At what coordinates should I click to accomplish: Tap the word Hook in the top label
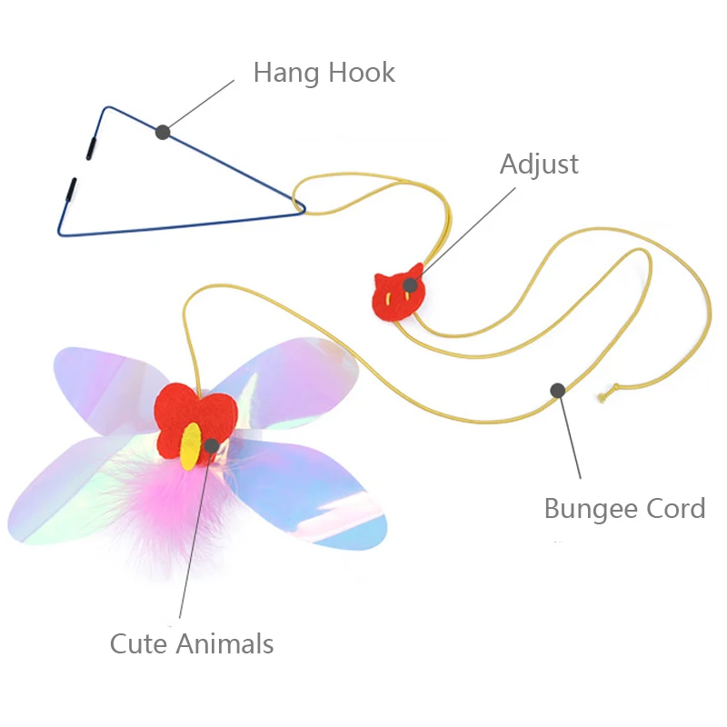[362, 73]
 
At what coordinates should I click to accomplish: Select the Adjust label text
[539, 164]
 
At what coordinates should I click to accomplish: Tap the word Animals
[228, 644]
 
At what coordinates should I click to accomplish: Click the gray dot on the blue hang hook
[163, 132]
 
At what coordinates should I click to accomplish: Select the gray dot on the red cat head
[411, 285]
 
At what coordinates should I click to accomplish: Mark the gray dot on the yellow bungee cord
[558, 390]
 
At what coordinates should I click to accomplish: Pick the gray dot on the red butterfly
[211, 445]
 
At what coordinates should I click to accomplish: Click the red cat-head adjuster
[397, 293]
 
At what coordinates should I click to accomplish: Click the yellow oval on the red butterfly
[191, 445]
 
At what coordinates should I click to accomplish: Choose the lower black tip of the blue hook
[69, 190]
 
